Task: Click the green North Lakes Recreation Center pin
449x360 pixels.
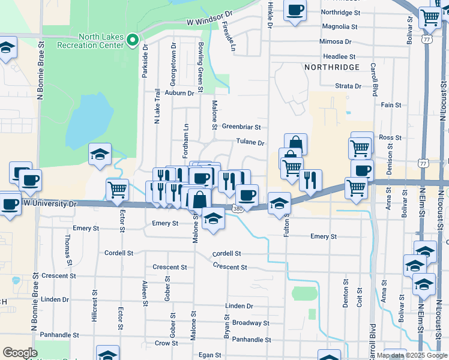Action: [x=134, y=41]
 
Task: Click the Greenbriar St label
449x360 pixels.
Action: [x=241, y=127]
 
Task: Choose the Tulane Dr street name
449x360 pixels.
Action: [x=250, y=143]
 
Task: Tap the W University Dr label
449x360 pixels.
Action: [x=51, y=204]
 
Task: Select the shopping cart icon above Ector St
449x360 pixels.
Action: [x=117, y=190]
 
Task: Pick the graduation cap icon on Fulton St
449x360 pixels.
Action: [x=279, y=203]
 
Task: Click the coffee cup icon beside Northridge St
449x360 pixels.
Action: [x=295, y=10]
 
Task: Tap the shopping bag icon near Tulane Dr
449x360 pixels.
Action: [x=295, y=143]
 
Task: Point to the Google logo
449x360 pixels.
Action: [x=20, y=353]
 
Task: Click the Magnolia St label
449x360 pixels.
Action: [x=339, y=26]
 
